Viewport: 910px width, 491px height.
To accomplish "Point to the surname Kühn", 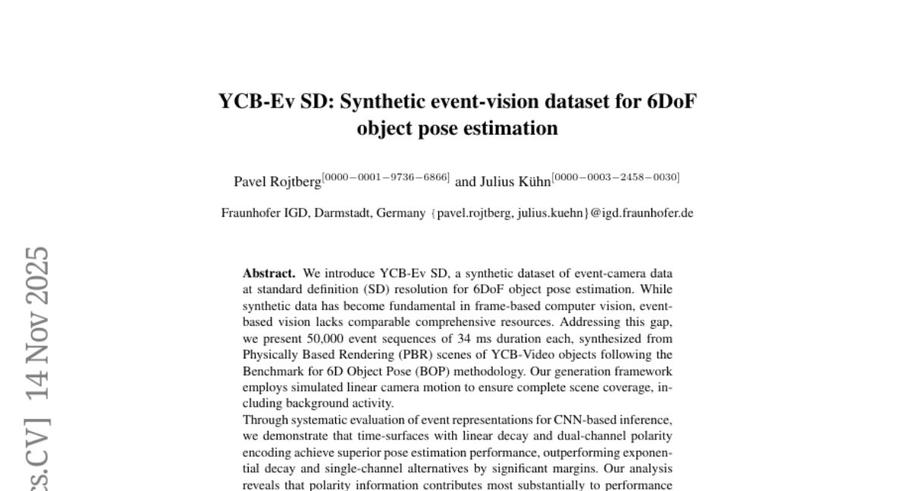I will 531,182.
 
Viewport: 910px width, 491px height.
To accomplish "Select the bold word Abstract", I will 269,273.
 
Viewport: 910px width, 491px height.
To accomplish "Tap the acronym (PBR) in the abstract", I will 400,355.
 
